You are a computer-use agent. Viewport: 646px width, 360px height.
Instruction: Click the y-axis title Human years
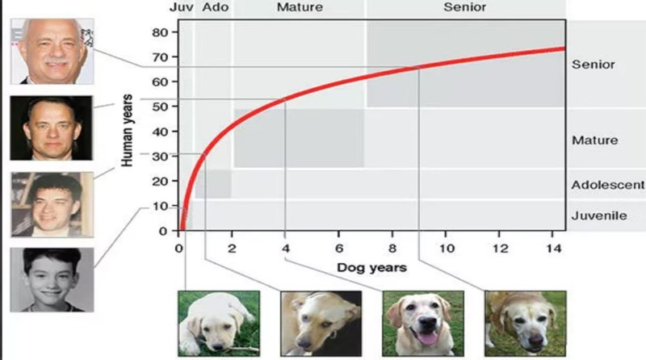[127, 131]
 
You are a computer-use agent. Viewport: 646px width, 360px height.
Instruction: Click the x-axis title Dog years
[360, 267]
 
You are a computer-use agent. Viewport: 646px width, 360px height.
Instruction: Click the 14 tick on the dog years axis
[553, 248]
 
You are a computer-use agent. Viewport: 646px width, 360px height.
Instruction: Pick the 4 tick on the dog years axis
[285, 248]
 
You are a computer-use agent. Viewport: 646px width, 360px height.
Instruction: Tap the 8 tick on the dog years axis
[392, 248]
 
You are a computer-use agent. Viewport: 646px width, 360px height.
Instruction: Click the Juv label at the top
[181, 8]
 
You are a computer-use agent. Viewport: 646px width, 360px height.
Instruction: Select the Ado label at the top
[214, 8]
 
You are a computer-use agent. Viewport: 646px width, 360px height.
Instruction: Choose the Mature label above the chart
[299, 8]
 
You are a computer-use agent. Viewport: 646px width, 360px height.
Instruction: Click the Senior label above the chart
[465, 8]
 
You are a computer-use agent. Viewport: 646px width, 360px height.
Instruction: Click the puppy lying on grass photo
[209, 322]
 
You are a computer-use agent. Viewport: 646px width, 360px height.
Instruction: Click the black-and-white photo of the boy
[52, 279]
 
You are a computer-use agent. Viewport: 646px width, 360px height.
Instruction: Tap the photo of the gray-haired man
[52, 50]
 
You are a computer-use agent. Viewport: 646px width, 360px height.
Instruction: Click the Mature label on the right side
[594, 140]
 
